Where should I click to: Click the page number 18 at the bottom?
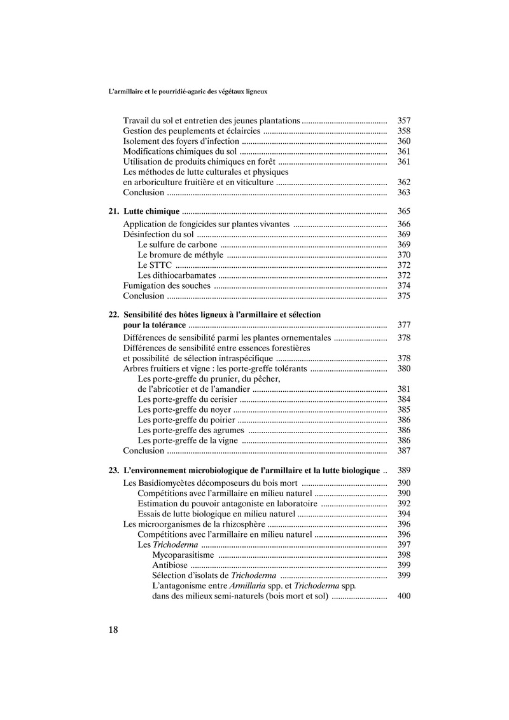(113, 630)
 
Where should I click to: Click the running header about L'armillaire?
(188, 91)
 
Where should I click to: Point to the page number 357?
(403, 120)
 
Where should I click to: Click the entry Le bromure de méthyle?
(181, 254)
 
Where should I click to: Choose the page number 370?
(403, 254)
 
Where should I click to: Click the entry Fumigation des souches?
(167, 286)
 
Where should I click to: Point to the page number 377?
(403, 326)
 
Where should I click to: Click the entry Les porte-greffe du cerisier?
(188, 399)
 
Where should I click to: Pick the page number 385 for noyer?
(403, 410)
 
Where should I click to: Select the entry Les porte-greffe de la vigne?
(188, 440)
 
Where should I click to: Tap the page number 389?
(403, 471)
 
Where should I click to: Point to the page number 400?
(403, 596)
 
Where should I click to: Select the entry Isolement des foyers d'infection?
(181, 141)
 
